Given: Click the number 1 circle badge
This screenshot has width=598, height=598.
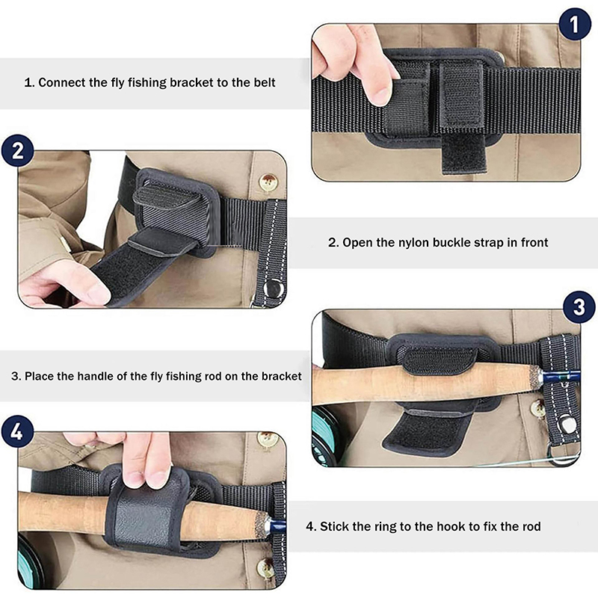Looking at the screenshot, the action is tap(575, 24).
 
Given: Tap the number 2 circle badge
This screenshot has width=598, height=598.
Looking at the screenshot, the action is tap(17, 151).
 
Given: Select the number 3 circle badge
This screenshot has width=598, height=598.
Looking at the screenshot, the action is tap(579, 307).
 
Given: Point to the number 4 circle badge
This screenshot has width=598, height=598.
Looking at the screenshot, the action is tap(17, 432).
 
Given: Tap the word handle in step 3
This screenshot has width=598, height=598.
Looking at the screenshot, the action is tap(96, 377).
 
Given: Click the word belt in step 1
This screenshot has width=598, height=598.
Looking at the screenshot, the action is tap(265, 83).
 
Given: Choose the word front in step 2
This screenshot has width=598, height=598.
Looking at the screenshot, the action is tap(534, 242).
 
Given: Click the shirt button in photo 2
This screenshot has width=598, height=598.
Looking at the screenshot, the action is tap(268, 182).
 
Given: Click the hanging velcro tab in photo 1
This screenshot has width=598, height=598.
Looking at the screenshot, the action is tap(463, 152).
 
